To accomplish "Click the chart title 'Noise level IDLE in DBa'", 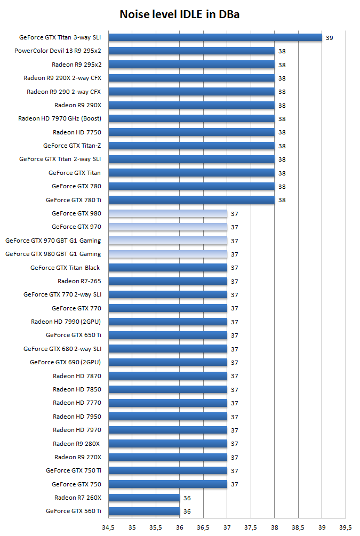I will (x=180, y=14).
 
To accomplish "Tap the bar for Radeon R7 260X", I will (x=144, y=498).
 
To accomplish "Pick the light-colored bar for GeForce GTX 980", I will (x=168, y=213).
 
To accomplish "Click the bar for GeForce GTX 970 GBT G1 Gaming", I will (x=168, y=241).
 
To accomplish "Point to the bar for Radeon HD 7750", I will (x=191, y=132).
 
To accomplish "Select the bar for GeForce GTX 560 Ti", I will (x=144, y=511).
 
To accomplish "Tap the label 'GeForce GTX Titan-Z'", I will (x=72, y=146).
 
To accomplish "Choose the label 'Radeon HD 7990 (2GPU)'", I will (x=66, y=322).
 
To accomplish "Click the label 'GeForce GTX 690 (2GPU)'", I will (x=65, y=362).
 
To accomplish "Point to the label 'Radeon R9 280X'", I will (x=77, y=444).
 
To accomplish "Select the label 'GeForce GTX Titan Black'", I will (x=65, y=268).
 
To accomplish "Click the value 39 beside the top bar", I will (x=329, y=38).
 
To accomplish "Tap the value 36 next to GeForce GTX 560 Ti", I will (x=187, y=511).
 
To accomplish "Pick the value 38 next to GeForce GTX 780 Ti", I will (x=282, y=200).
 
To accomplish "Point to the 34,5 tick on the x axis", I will (x=108, y=527).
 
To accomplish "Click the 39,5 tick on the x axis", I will (x=346, y=527).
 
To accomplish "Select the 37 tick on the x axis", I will (x=227, y=527).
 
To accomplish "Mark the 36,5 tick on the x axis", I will (x=203, y=527).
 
